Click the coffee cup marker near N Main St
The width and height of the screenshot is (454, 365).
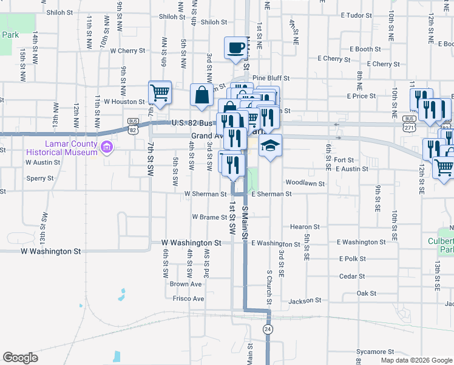click(x=236, y=47)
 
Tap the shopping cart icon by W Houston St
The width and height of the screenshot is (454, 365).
click(x=160, y=92)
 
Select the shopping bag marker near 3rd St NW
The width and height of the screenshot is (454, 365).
click(x=202, y=95)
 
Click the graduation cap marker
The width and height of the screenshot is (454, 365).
click(x=271, y=146)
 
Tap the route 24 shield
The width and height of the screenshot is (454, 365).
click(x=267, y=329)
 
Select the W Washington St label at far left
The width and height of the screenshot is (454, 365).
click(x=51, y=251)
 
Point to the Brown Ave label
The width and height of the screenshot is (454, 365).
click(x=186, y=284)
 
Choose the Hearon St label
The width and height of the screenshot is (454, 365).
click(x=305, y=227)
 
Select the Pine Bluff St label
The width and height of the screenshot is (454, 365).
click(x=271, y=78)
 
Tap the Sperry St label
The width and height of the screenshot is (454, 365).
click(x=40, y=179)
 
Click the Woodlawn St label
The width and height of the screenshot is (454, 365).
click(x=302, y=182)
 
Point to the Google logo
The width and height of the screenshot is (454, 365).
click(x=21, y=358)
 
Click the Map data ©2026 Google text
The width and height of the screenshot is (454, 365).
click(x=416, y=360)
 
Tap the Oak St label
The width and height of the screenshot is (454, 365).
click(x=367, y=293)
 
